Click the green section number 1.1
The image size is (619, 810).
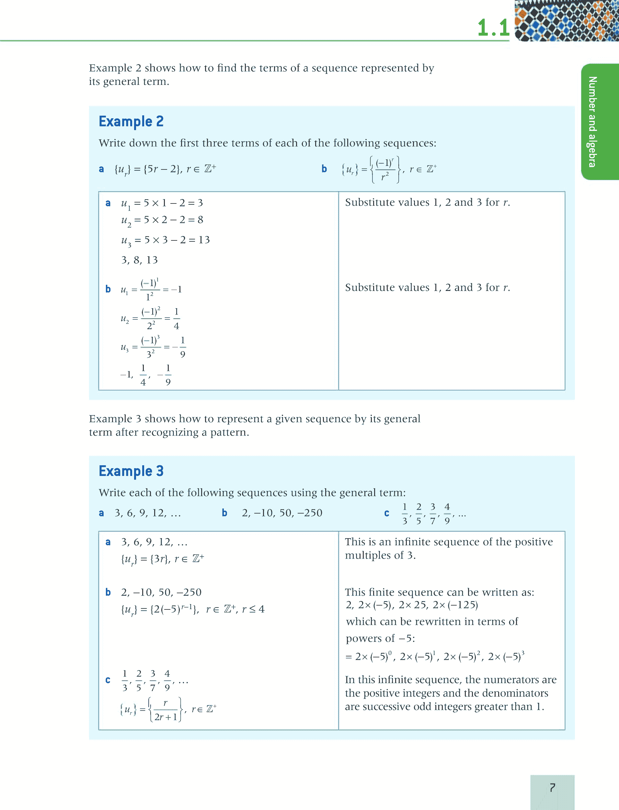[493, 28]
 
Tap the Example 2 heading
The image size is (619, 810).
[131, 121]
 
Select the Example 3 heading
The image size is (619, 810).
[131, 471]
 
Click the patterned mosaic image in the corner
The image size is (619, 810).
[566, 21]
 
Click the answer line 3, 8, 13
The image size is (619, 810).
[139, 260]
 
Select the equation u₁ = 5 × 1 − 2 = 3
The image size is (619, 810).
[162, 203]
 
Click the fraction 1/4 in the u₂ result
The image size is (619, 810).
[177, 319]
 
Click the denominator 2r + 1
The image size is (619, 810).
[166, 717]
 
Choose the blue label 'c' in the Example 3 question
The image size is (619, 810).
[386, 513]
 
